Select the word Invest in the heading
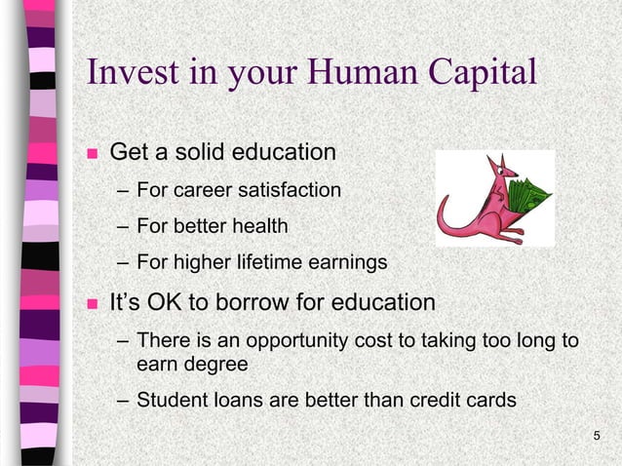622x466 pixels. point(132,73)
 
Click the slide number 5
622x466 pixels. point(597,433)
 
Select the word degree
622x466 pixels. point(220,365)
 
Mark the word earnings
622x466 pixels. point(349,263)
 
